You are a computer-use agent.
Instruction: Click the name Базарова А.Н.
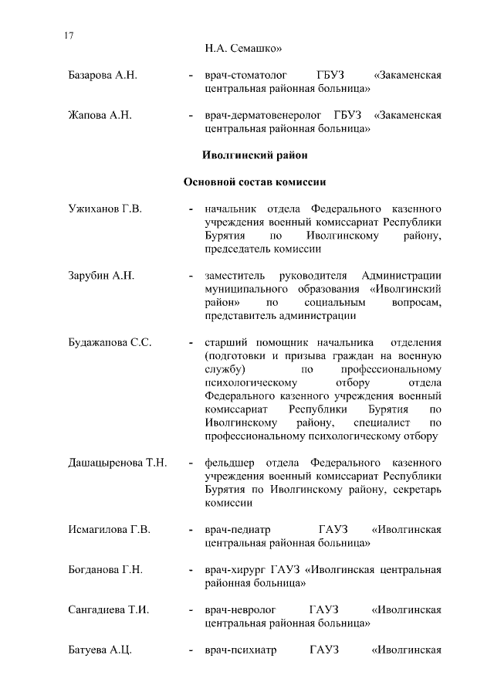tap(102, 76)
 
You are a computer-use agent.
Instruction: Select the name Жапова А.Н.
tap(100, 116)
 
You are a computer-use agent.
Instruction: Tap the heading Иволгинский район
tap(254, 155)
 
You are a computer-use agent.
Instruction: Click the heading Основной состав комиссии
tap(254, 182)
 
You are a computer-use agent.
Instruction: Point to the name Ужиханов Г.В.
tap(105, 209)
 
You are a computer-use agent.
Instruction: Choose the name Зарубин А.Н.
tap(101, 276)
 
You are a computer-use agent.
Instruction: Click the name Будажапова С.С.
tap(109, 343)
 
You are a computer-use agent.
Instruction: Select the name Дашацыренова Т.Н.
tap(117, 463)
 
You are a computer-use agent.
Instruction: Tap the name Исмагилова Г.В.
tap(109, 530)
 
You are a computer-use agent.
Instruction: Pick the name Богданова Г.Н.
tap(106, 570)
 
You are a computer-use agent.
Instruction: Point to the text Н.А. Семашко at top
tap(244, 49)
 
